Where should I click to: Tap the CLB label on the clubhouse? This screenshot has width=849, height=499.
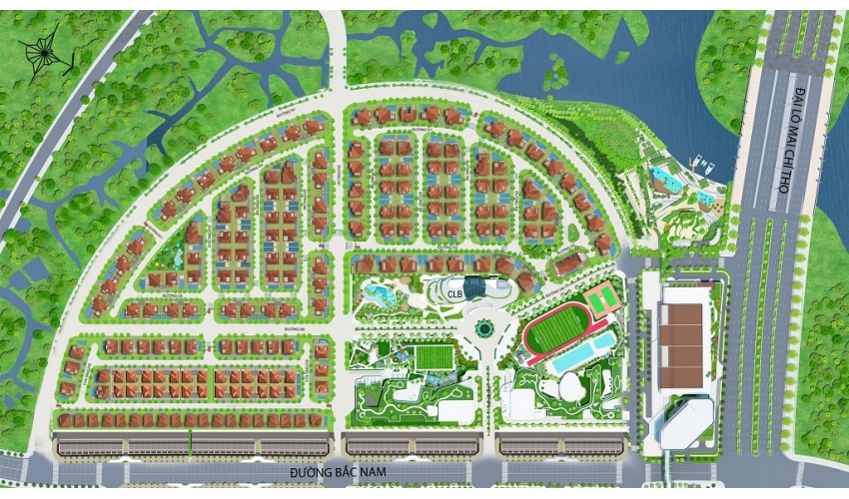[x=454, y=293]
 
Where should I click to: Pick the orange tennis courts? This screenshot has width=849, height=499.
[x=600, y=296]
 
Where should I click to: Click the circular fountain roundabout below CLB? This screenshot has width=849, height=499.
[x=484, y=326]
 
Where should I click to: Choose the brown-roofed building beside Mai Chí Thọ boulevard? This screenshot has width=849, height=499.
[x=684, y=335]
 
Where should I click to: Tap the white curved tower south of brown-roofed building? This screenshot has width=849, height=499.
[x=688, y=418]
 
